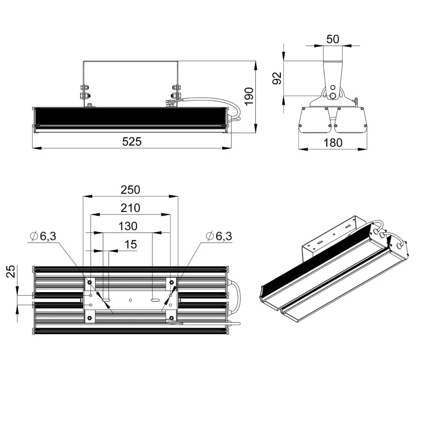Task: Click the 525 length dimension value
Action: pyautogui.click(x=132, y=142)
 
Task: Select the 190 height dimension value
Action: pyautogui.click(x=249, y=97)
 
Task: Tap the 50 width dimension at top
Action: pyautogui.click(x=332, y=39)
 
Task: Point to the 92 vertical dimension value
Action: pyautogui.click(x=277, y=78)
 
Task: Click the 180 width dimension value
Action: pyautogui.click(x=333, y=143)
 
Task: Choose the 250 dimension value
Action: pyautogui.click(x=130, y=190)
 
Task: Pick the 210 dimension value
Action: pyautogui.click(x=130, y=208)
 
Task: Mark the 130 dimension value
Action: pyautogui.click(x=128, y=226)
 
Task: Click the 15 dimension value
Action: pyautogui.click(x=131, y=245)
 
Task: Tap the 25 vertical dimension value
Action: pyautogui.click(x=11, y=271)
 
